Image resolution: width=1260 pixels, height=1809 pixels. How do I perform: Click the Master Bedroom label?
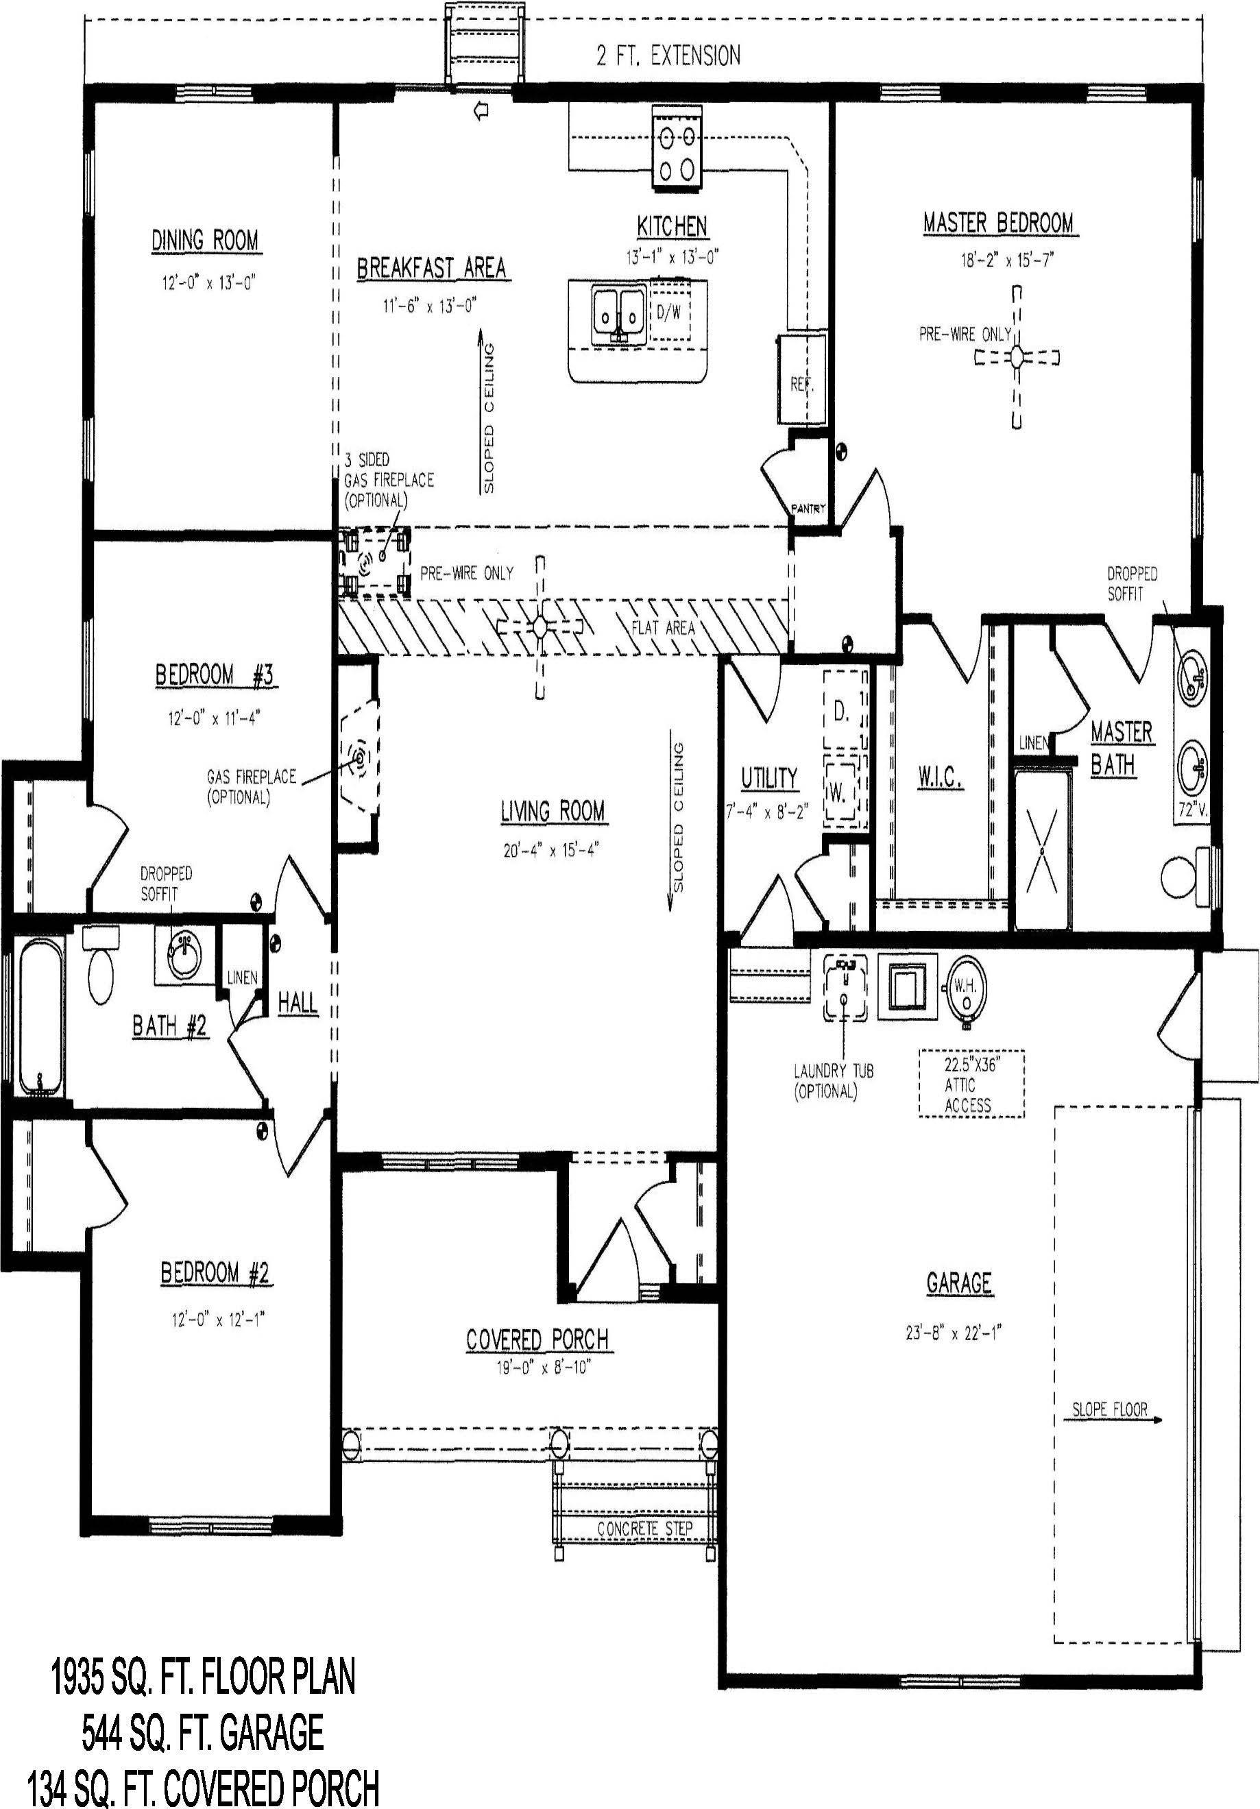(998, 223)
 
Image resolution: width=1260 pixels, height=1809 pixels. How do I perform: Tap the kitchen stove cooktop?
(677, 149)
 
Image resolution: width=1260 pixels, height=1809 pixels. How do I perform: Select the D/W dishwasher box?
(669, 313)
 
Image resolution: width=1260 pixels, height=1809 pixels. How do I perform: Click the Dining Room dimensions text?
(205, 283)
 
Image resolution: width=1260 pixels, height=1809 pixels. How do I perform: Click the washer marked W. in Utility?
(845, 792)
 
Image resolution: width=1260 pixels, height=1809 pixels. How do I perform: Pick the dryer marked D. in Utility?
(845, 711)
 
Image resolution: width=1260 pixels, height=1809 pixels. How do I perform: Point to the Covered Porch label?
(537, 1339)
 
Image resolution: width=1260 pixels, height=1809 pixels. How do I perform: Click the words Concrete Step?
(644, 1529)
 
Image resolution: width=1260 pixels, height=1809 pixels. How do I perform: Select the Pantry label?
(808, 508)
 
